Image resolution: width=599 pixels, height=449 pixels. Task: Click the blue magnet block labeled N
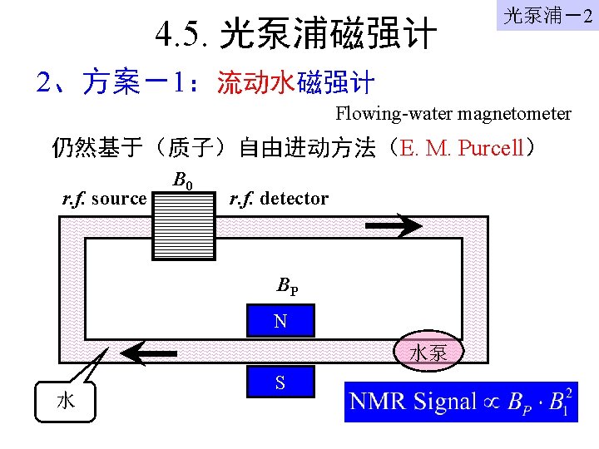[x=281, y=321]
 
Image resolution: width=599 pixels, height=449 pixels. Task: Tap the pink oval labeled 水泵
[x=428, y=353]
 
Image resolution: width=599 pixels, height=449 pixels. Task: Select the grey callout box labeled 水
[x=66, y=401]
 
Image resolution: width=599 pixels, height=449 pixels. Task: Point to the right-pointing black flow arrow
[x=395, y=224]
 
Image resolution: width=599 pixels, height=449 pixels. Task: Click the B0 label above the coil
[x=183, y=180]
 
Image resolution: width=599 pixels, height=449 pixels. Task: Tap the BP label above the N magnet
[x=288, y=287]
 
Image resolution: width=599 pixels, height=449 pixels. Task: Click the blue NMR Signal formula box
[x=461, y=402]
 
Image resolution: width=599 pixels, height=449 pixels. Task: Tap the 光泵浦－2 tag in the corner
[x=547, y=16]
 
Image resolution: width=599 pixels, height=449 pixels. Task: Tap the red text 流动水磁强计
[x=295, y=83]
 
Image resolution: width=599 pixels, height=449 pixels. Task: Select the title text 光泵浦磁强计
[x=328, y=36]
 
